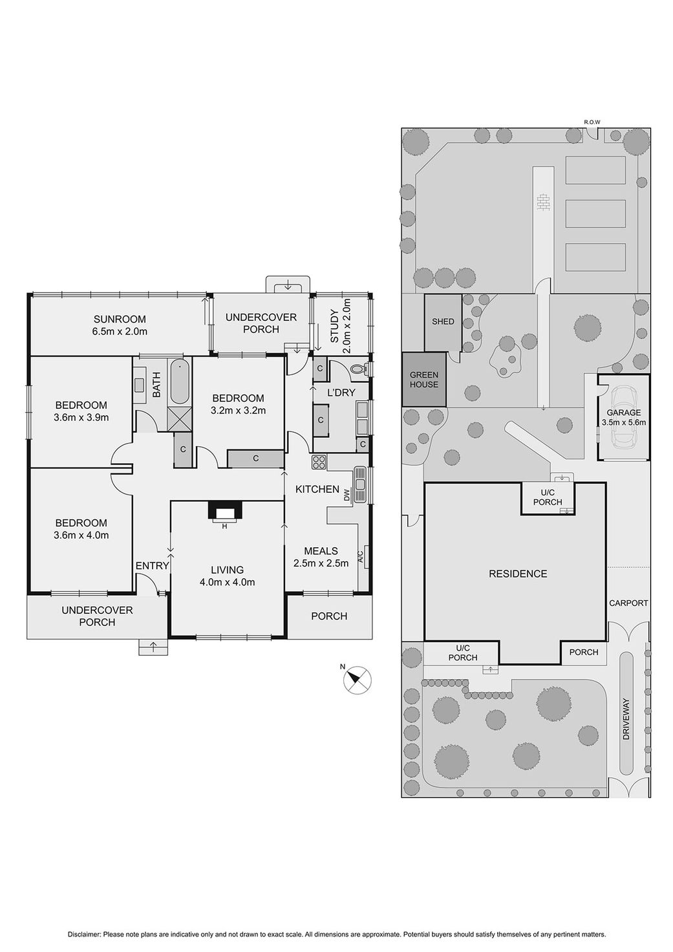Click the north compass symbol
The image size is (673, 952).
click(357, 680)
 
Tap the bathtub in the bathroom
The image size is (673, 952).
click(179, 381)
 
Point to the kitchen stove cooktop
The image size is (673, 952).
click(319, 462)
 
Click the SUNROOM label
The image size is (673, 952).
click(120, 319)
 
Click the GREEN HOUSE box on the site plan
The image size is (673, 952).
click(424, 379)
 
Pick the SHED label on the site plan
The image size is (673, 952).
click(443, 321)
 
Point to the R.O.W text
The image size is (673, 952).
click(592, 122)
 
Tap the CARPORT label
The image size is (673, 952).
click(628, 603)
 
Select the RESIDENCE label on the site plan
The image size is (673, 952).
click(518, 574)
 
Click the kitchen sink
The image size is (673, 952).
click(360, 484)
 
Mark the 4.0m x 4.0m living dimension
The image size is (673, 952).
click(228, 582)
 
